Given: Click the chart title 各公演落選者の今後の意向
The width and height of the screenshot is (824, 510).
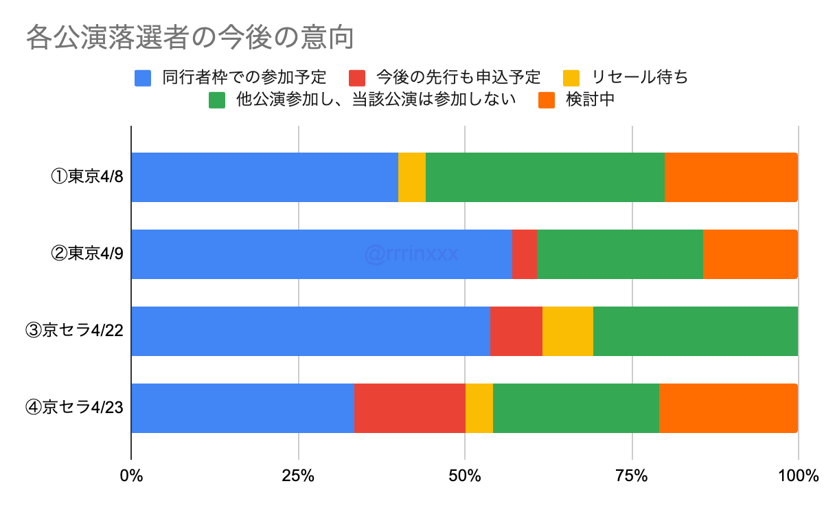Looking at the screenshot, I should click(190, 38).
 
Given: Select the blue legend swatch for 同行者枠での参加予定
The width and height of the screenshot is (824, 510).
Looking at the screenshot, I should click(143, 78).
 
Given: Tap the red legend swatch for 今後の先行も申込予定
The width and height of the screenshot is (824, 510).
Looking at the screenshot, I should click(357, 78).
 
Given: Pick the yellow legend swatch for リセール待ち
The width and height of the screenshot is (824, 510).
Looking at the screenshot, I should click(571, 78).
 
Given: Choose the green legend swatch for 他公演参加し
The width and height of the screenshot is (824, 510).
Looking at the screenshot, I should click(217, 100).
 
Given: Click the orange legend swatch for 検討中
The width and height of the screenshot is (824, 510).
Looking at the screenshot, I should click(546, 100).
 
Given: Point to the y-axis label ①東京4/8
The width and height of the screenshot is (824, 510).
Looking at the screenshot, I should click(87, 177).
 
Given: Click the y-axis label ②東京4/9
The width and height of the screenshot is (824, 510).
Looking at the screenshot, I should click(87, 254).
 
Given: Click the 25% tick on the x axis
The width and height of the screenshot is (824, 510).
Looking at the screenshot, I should click(299, 475).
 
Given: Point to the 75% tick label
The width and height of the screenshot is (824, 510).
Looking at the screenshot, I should click(632, 475).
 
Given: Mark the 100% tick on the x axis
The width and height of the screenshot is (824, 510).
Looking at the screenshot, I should click(798, 475).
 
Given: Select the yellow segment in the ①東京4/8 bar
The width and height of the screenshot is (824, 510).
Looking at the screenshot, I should click(412, 177).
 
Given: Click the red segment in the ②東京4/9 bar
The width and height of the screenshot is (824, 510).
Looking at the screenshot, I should click(525, 254).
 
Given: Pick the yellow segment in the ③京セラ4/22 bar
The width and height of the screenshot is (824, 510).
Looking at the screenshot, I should click(568, 331).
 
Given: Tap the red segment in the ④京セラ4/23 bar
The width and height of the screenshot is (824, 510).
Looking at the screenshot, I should click(410, 408).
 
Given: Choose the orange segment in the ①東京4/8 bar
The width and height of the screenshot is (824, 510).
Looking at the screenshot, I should click(731, 177).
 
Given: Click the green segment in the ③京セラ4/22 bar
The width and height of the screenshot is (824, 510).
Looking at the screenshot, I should click(696, 331).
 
